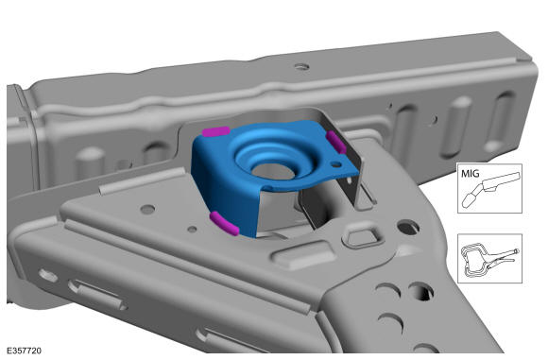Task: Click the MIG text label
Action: [471, 173]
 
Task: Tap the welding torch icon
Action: [490, 190]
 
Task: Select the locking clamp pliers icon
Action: [489, 259]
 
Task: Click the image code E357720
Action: [25, 351]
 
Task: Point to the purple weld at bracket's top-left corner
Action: [216, 131]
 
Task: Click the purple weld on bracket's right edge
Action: [336, 142]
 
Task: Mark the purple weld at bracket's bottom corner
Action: [224, 223]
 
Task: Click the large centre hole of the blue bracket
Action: [273, 171]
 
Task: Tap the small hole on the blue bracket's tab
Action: [336, 163]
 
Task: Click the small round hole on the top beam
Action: [301, 66]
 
